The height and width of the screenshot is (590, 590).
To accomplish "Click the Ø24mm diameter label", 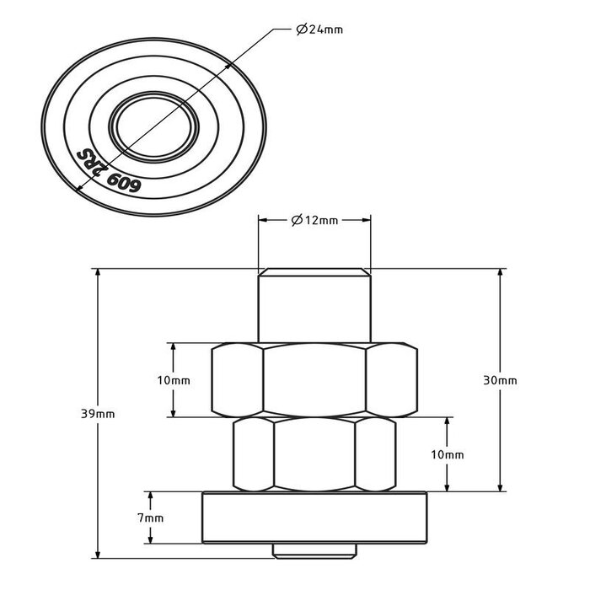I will click(320, 30).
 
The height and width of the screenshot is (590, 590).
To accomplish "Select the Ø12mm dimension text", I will click(314, 221).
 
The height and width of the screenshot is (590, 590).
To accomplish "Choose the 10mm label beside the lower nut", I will click(448, 454).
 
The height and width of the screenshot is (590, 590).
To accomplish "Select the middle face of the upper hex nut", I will click(314, 380).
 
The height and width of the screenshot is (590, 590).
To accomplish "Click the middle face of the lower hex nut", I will click(314, 454).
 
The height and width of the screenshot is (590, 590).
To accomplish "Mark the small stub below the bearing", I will click(314, 549).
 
